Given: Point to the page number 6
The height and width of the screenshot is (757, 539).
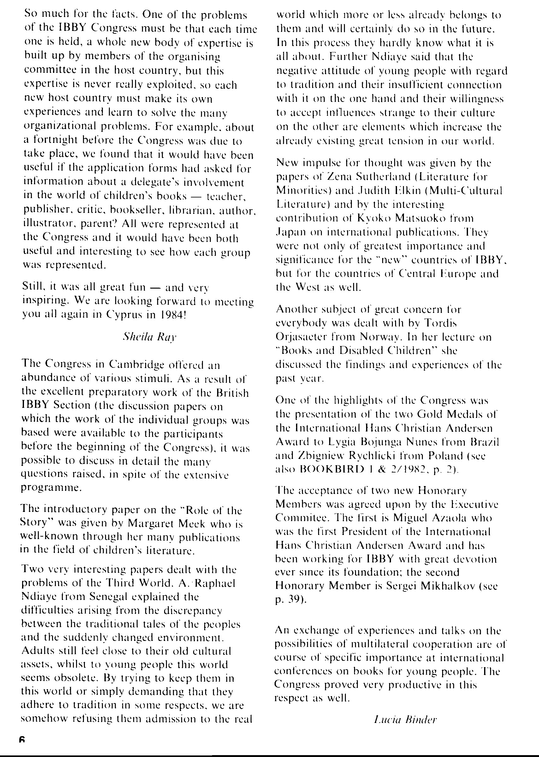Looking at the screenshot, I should coord(22,739).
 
